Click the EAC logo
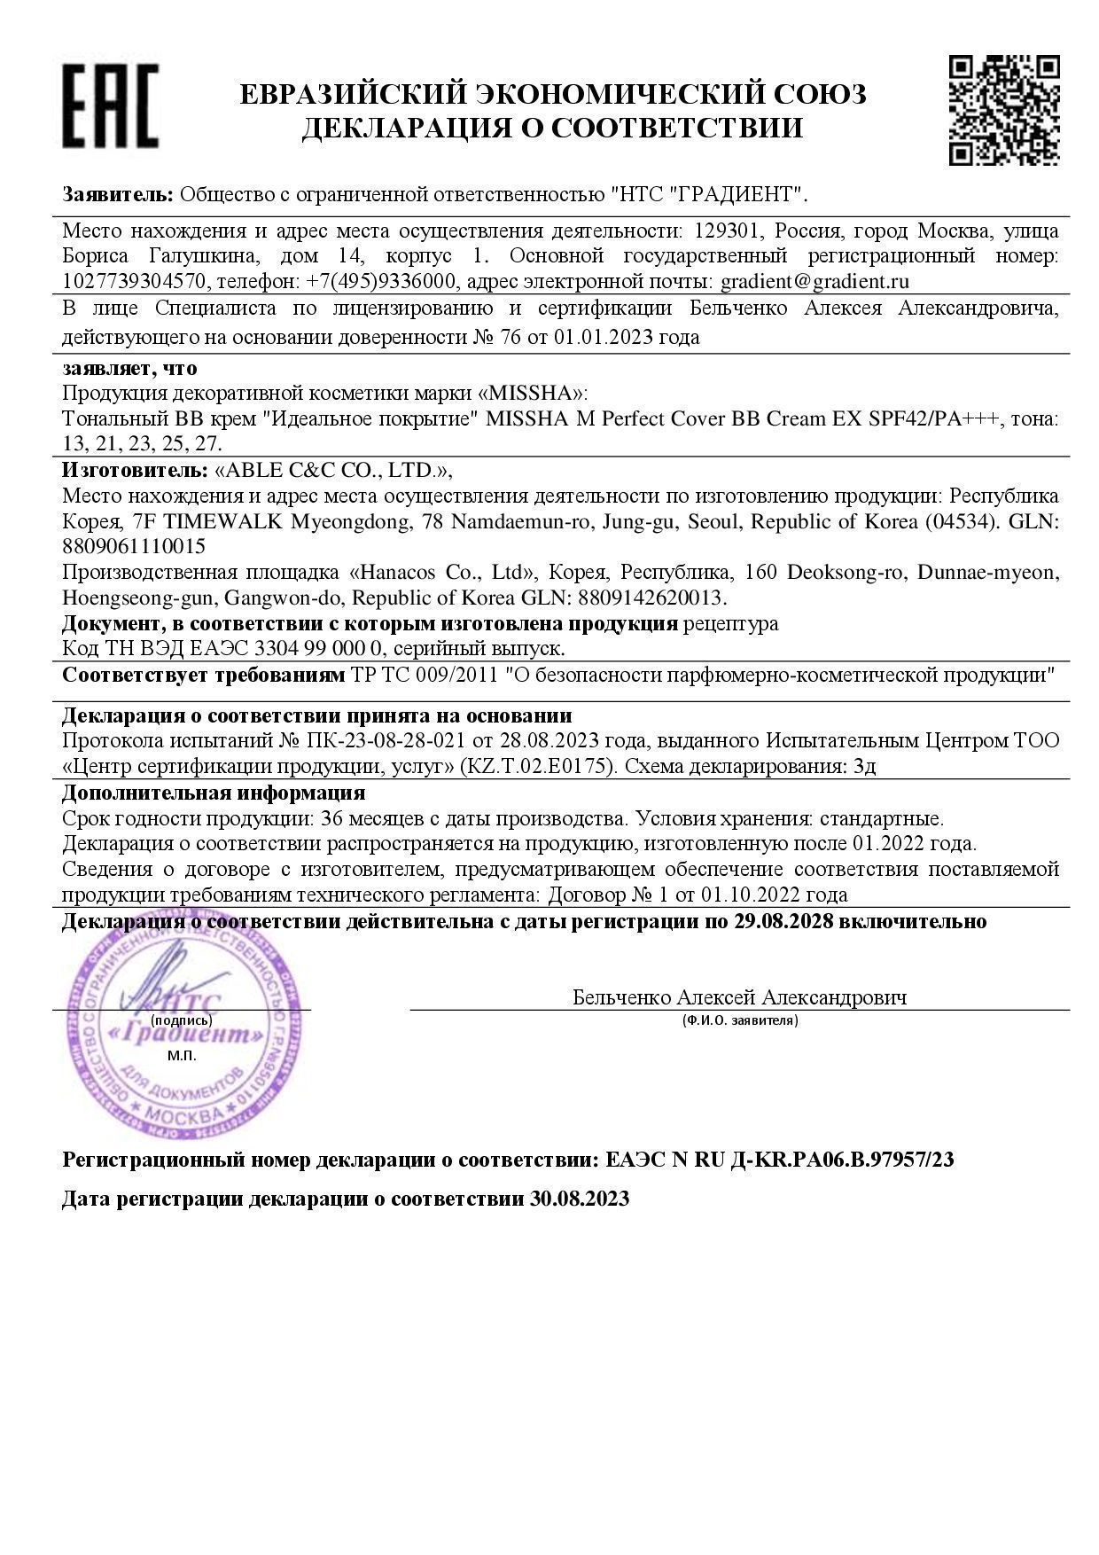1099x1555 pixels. tap(110, 105)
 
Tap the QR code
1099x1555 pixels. tap(1004, 109)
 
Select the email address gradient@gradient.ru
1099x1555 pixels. tap(815, 282)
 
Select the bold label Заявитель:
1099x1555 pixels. tap(118, 194)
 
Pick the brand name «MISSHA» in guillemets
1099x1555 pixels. tap(535, 393)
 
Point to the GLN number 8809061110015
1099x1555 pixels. tap(134, 546)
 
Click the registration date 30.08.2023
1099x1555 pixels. tap(580, 1199)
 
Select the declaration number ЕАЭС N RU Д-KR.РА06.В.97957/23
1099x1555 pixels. tap(780, 1160)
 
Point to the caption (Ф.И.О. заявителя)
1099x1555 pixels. tap(740, 1020)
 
